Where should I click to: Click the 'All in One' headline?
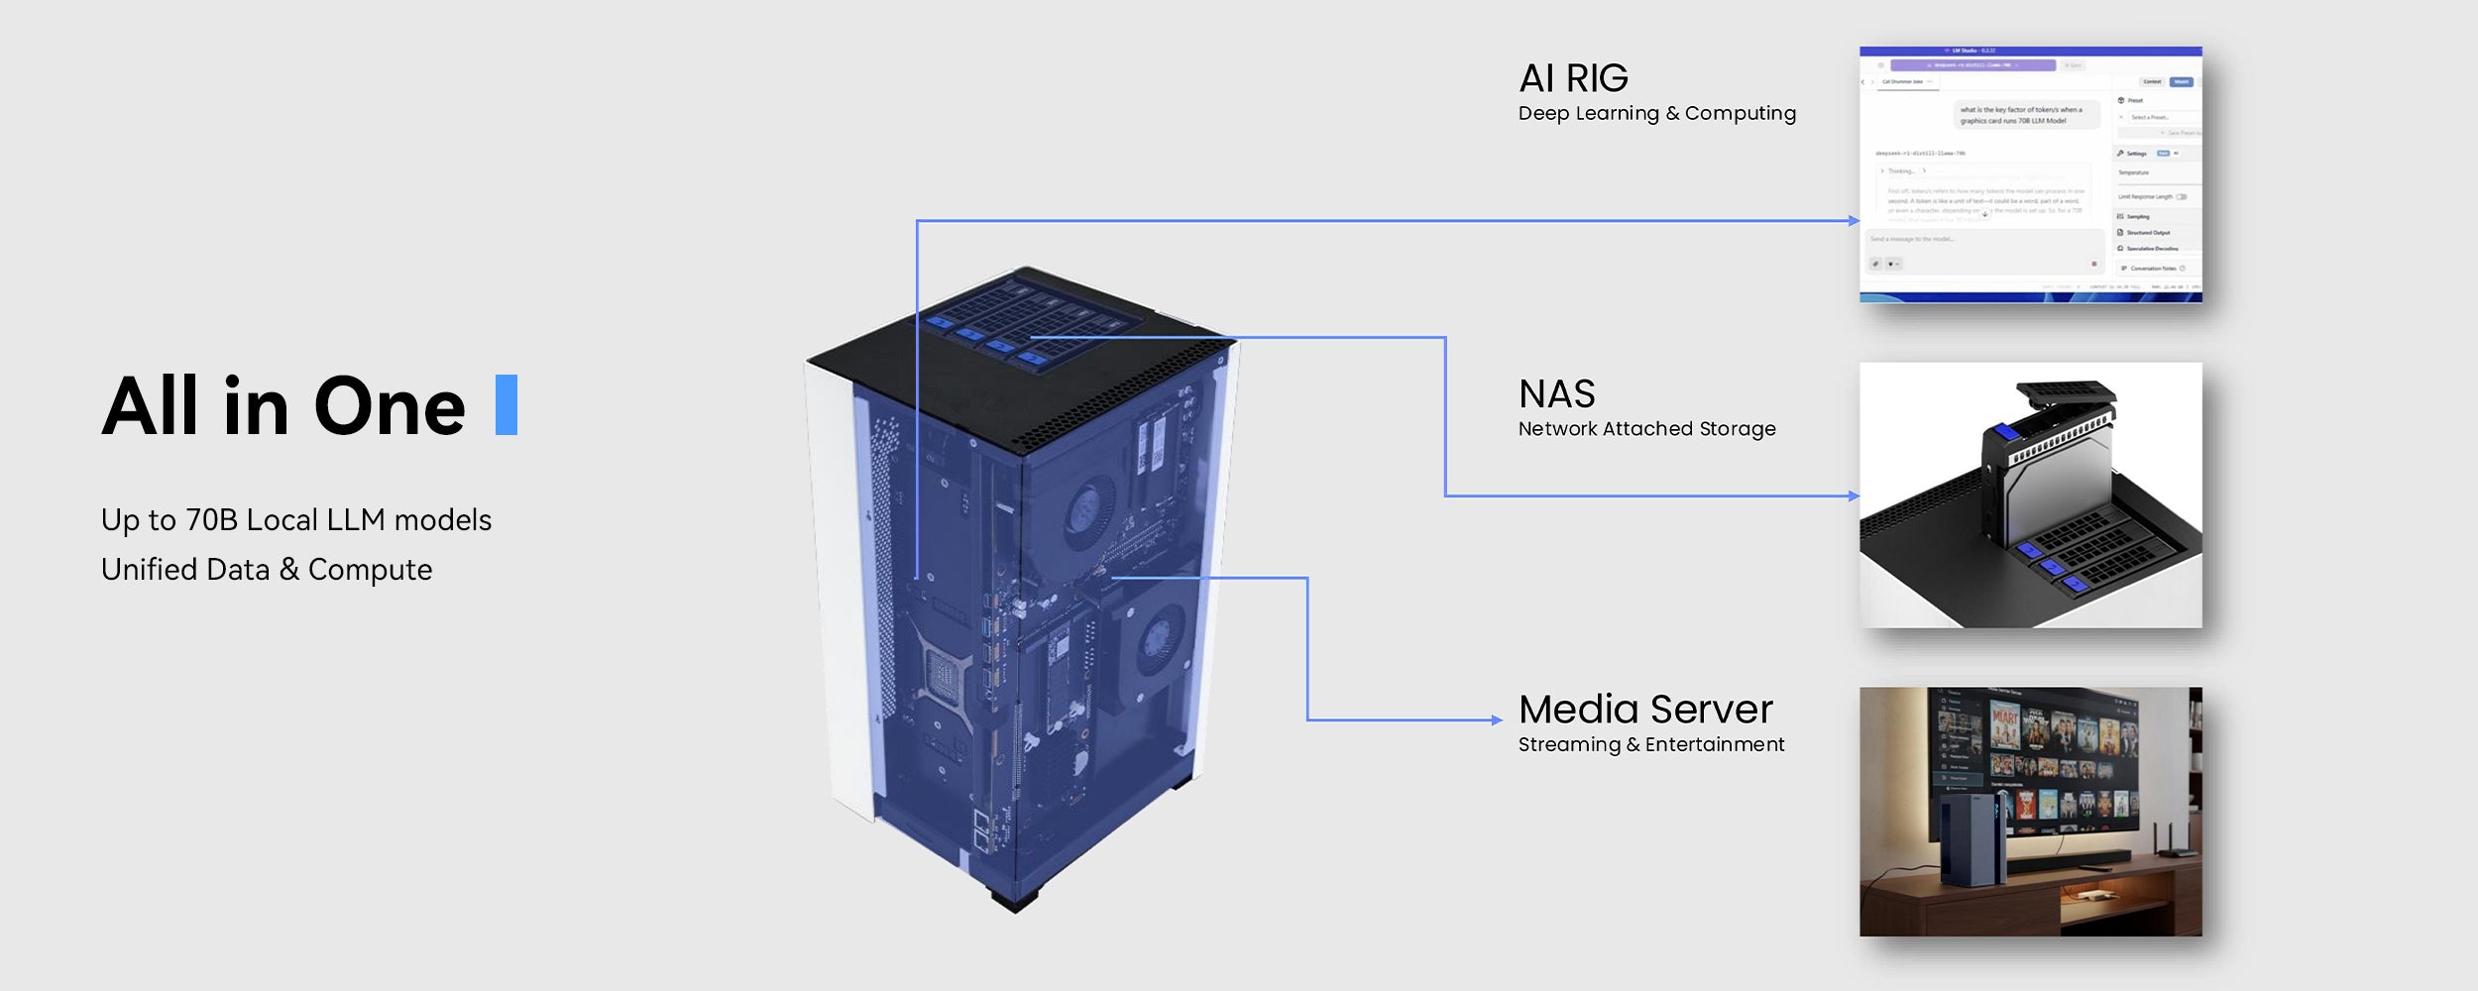283,406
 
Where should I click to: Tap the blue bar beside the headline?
507,404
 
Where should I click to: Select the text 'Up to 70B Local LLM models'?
295,520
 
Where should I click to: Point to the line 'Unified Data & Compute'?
267,570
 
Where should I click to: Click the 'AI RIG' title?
1573,78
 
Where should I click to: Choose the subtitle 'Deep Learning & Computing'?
1656,114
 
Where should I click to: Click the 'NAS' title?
1556,394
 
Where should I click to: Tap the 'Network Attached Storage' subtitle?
1646,429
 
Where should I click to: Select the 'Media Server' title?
1645,710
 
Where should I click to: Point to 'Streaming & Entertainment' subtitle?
1650,744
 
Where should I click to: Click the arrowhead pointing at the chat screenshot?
1854,221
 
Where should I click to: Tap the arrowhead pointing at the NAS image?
1854,495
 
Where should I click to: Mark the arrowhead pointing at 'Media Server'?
1498,720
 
